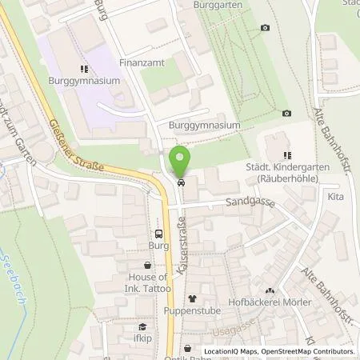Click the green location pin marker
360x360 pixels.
(x=181, y=161)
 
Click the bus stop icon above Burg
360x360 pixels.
(x=158, y=234)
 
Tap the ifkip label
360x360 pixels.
(x=144, y=339)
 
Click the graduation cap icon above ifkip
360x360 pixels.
(x=142, y=326)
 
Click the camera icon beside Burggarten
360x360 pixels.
(x=265, y=28)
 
